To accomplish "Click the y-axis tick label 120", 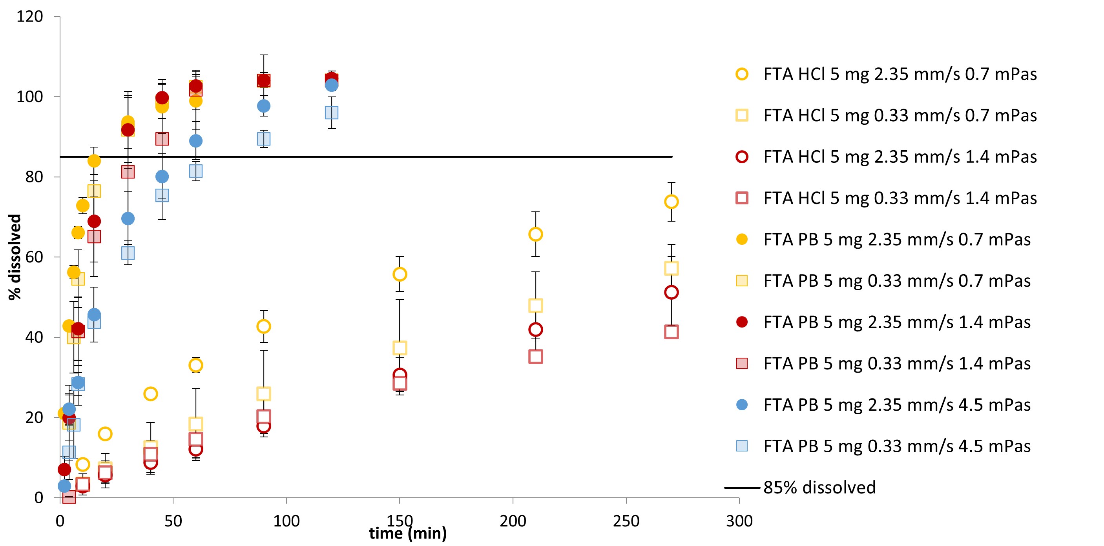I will (29, 17).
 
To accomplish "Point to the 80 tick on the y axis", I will (34, 177).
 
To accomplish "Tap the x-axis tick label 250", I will (626, 521).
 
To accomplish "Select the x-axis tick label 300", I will (739, 521).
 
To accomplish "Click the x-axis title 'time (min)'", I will (407, 533).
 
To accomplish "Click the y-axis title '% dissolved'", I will (15, 257).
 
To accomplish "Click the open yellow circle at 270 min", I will (671, 202).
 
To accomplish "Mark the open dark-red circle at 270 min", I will (671, 293).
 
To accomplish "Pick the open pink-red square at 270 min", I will (671, 332).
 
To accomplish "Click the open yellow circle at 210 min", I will (535, 234).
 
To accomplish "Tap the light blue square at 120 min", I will (331, 113).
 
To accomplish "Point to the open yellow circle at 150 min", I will (400, 274).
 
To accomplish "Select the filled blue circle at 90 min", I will (264, 106).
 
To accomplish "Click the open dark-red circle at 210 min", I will (535, 330).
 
